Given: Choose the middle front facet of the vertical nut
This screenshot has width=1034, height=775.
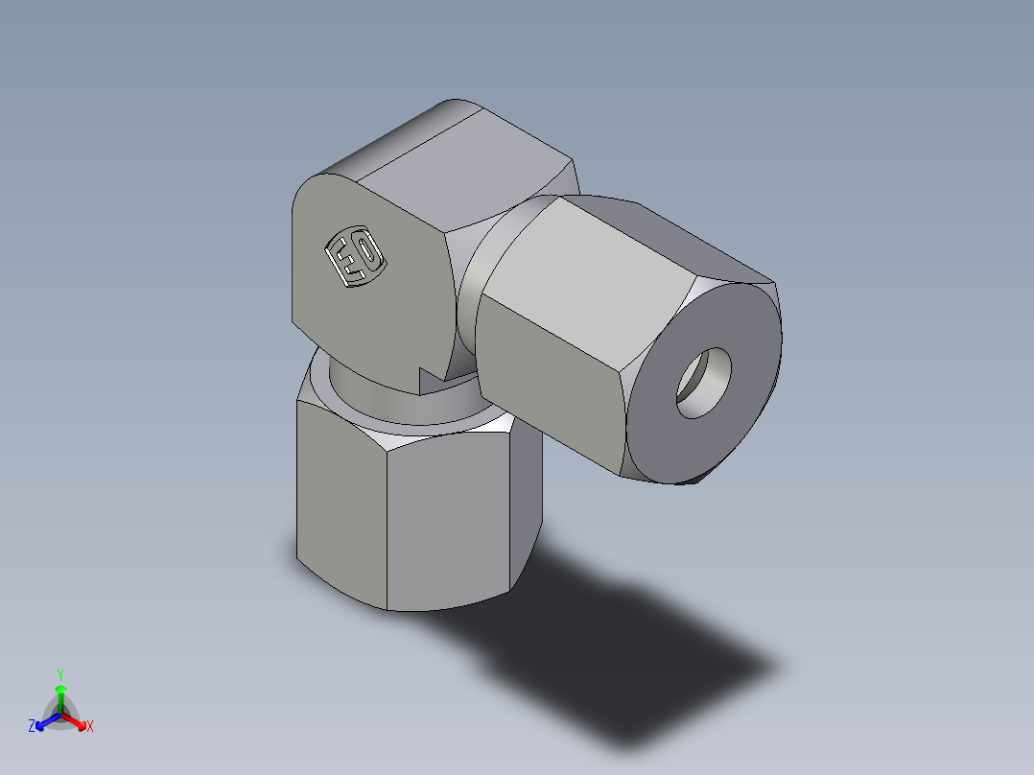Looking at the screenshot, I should click(x=446, y=523).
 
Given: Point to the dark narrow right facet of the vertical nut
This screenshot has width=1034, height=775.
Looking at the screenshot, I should click(x=525, y=499).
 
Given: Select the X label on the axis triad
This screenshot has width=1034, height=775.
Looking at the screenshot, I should click(x=90, y=727).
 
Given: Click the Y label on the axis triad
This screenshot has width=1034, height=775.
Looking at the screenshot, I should click(x=60, y=674).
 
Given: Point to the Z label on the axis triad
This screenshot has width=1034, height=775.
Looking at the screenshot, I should click(x=32, y=727).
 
